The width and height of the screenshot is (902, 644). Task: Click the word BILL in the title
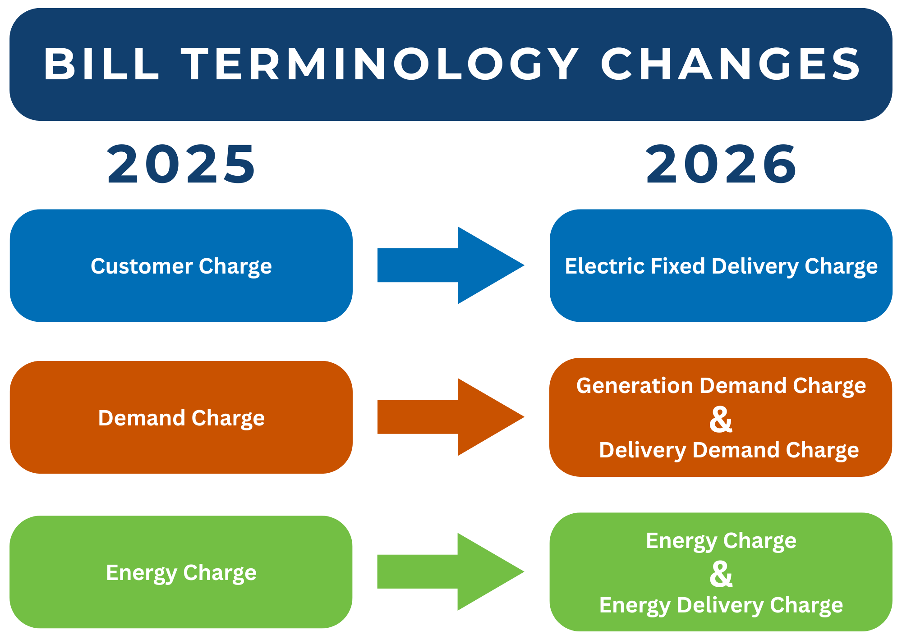click(101, 64)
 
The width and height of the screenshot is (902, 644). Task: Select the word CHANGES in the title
click(731, 64)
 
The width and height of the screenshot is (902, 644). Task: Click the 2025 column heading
click(181, 164)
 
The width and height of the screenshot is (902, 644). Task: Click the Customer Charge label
click(181, 266)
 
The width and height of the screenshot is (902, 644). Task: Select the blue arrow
click(451, 265)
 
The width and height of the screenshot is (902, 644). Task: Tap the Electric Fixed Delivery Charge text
click(721, 266)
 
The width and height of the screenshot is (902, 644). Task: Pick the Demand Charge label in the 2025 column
click(181, 418)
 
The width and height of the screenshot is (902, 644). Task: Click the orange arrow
click(451, 417)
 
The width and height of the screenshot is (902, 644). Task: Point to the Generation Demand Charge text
click(721, 386)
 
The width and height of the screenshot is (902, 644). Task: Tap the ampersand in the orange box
click(721, 419)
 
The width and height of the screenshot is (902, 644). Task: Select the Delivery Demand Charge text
click(729, 450)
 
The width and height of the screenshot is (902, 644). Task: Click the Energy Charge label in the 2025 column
click(181, 573)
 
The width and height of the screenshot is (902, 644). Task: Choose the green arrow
click(451, 572)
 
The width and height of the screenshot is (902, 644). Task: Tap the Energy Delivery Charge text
click(721, 605)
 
